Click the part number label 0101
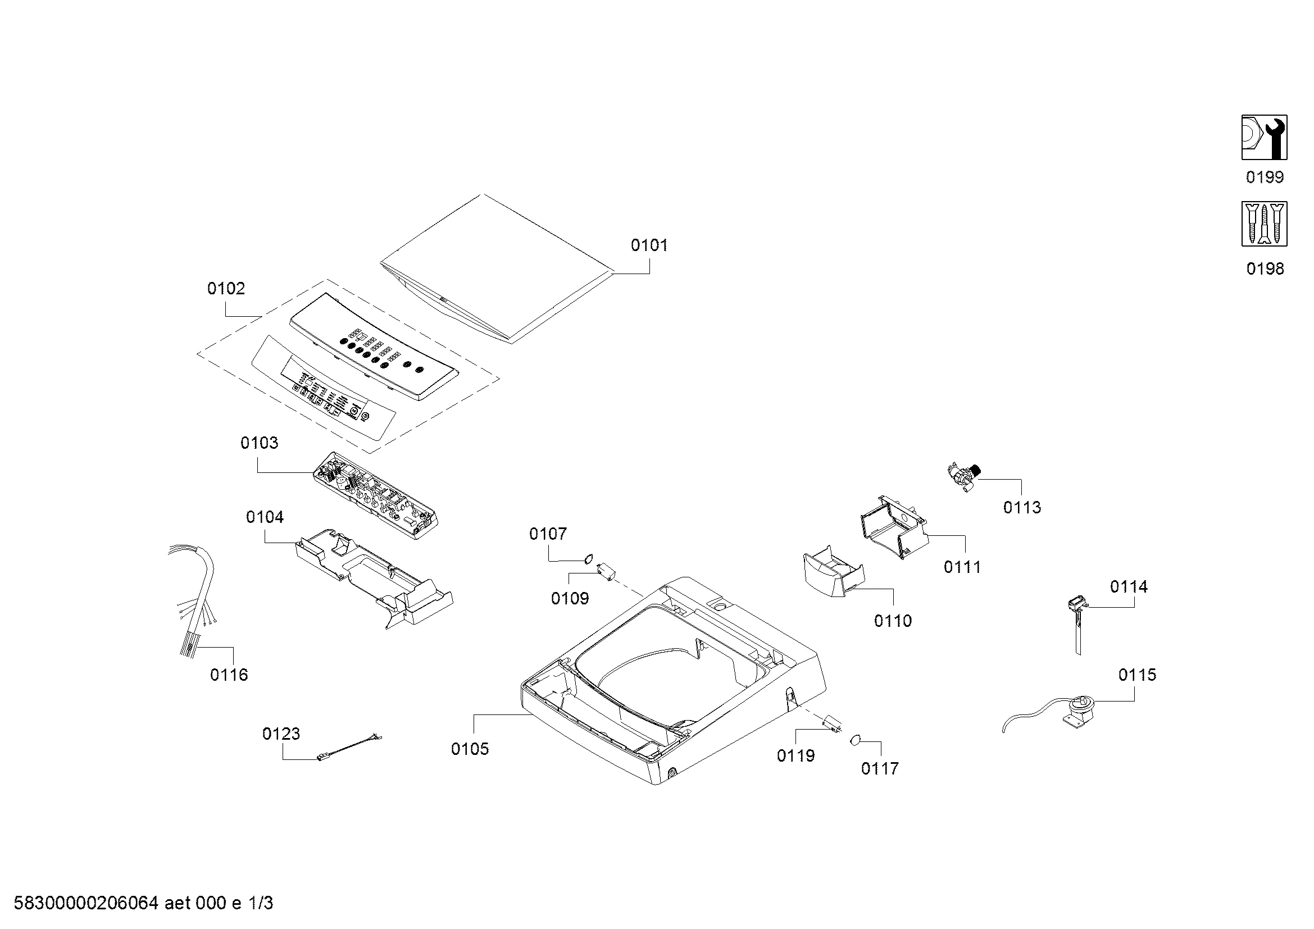click(649, 245)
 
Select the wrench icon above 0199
click(1264, 137)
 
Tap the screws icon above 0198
click(1264, 224)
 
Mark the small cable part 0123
click(349, 748)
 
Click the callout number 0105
click(470, 749)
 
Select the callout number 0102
click(226, 288)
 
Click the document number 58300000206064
click(86, 903)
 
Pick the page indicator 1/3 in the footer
click(261, 903)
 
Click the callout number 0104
click(265, 517)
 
